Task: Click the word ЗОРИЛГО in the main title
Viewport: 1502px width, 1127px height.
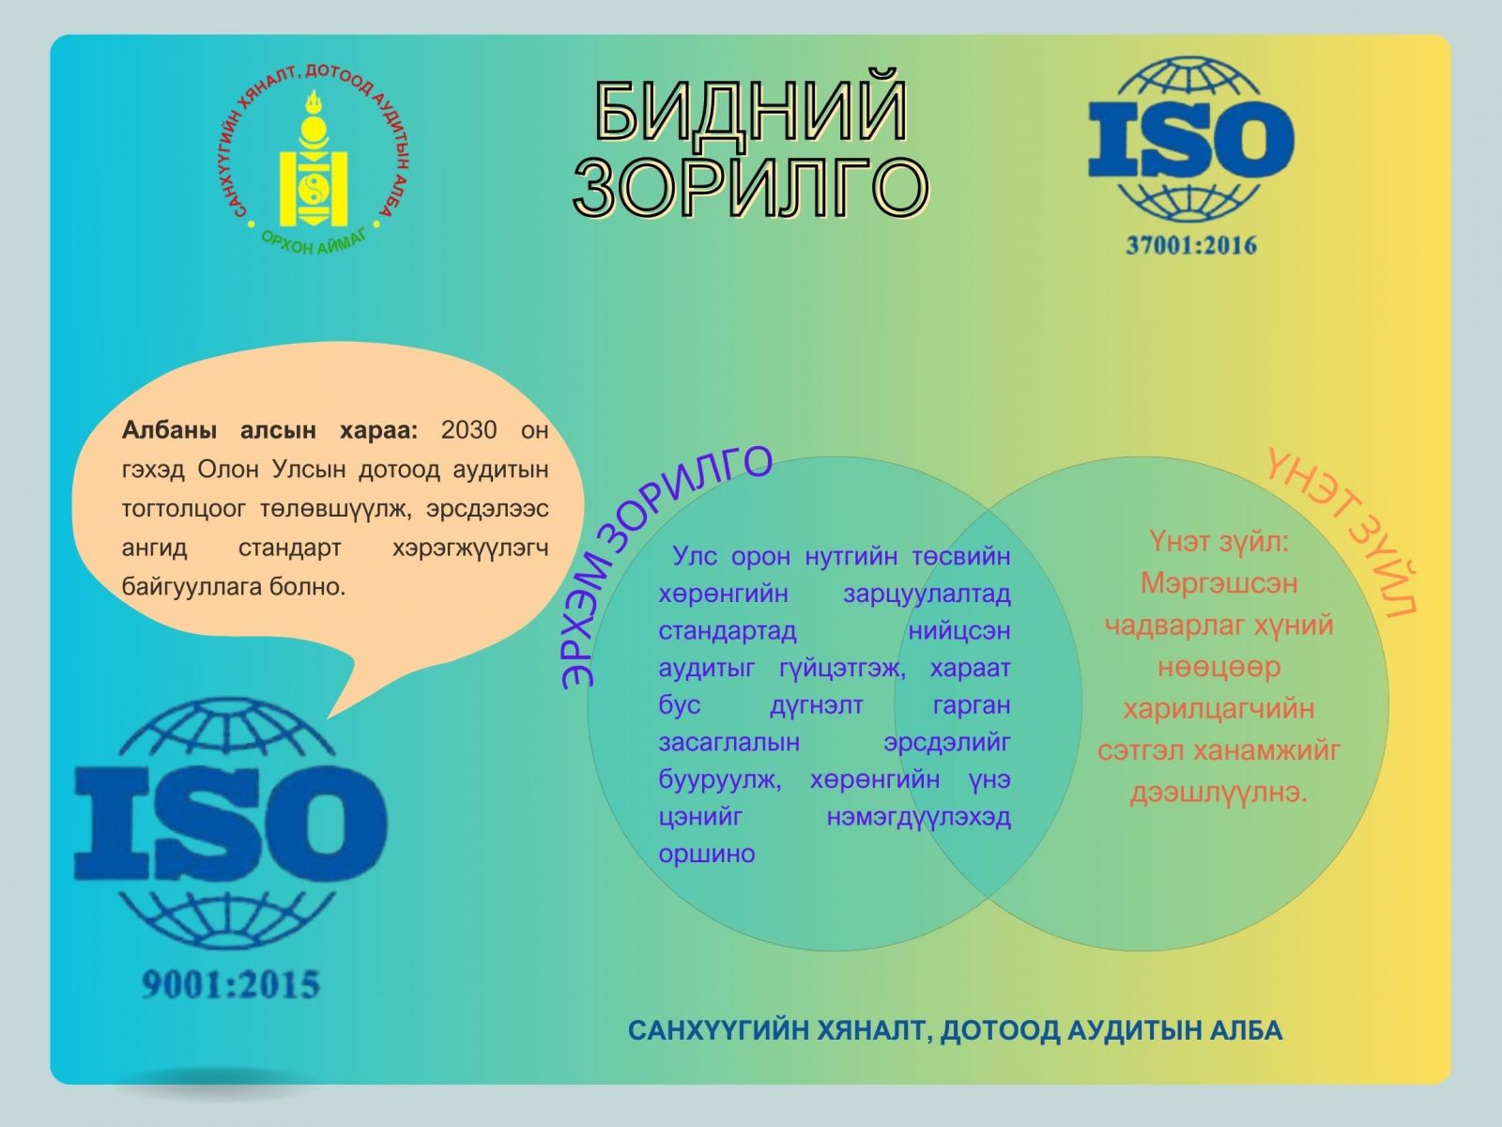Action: pos(751,185)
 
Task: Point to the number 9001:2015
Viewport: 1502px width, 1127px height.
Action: pos(231,984)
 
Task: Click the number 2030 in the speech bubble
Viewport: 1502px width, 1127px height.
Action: pos(468,430)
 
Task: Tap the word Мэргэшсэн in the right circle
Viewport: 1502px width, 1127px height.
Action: pos(1218,583)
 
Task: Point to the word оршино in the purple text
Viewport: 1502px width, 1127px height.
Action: pos(706,854)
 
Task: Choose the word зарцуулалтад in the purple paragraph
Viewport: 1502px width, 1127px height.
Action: pos(927,594)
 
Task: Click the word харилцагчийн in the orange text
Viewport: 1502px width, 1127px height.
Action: pos(1218,709)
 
